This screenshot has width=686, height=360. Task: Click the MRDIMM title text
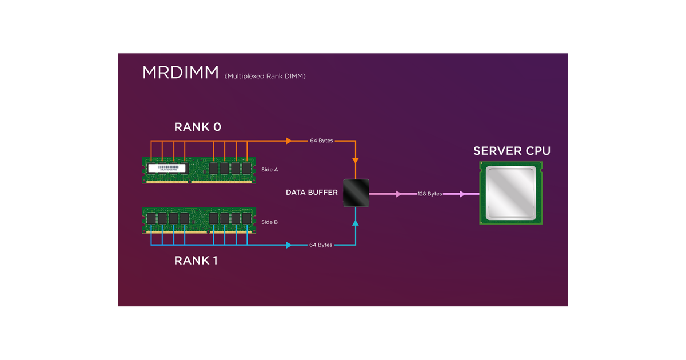point(180,73)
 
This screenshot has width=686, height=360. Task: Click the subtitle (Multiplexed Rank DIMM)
point(265,76)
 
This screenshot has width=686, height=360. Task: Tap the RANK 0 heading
point(197,127)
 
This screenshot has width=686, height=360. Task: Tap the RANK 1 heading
point(196,261)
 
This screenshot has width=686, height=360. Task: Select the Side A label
point(269,170)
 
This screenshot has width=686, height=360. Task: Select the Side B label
point(269,222)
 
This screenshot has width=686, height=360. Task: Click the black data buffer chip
point(356,193)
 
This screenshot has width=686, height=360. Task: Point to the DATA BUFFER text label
point(312,193)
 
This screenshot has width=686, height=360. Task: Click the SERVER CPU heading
point(512,151)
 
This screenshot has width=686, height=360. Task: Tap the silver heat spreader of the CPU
point(512,193)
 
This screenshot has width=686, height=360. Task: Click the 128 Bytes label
point(430,194)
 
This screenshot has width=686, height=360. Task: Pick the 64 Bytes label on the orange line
point(321,141)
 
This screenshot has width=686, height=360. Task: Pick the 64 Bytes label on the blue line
point(321,245)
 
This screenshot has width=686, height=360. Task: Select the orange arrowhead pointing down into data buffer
point(356,161)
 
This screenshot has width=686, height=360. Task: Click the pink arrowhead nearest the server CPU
point(462,194)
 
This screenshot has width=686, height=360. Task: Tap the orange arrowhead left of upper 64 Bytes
point(289,141)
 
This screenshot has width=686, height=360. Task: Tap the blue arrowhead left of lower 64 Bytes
point(289,245)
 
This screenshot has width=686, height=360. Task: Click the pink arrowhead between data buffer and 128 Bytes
point(399,194)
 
